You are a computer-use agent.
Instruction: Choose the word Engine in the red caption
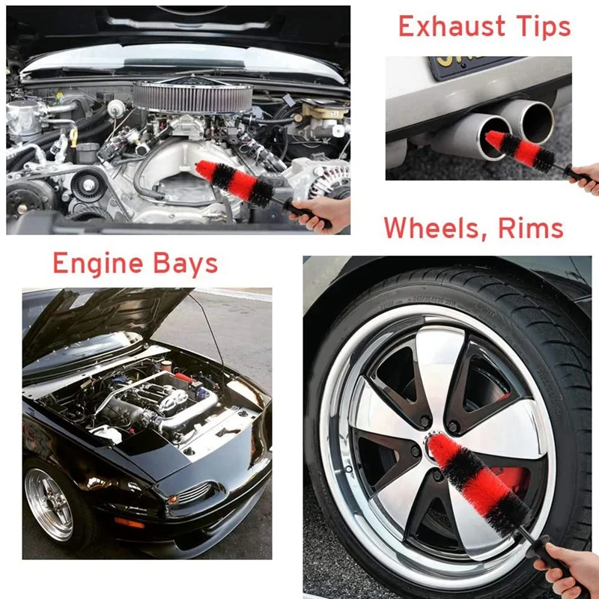[97, 264]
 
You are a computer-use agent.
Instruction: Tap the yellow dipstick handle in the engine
[73, 138]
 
